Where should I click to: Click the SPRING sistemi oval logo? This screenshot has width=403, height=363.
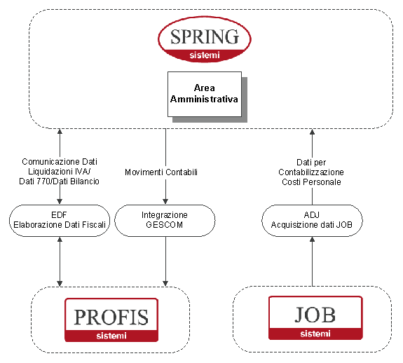[x=205, y=39]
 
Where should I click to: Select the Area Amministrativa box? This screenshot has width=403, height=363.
[x=205, y=94]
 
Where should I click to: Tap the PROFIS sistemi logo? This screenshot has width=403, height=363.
[x=111, y=320]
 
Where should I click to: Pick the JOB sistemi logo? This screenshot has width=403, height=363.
[x=315, y=317]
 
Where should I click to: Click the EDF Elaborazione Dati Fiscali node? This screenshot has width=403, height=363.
[x=60, y=221]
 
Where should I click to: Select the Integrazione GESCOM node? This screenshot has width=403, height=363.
[x=165, y=221]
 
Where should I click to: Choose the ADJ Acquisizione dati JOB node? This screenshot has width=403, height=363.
[x=312, y=221]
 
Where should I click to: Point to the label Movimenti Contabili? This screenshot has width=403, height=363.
[x=161, y=172]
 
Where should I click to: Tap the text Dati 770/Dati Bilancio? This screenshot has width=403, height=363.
[x=59, y=181]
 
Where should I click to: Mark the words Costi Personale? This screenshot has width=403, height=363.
[x=311, y=182]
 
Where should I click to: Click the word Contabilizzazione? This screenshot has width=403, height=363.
[x=311, y=172]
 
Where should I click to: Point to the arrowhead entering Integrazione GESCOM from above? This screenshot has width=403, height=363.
[x=165, y=202]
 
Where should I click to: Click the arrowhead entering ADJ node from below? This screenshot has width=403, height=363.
[x=312, y=240]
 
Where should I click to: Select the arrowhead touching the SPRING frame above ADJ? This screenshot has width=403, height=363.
[x=312, y=132]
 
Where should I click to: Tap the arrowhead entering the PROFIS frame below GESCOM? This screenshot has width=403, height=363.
[x=165, y=283]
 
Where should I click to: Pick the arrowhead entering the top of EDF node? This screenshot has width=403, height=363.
[x=60, y=202]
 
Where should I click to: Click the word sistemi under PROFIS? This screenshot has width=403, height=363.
[x=111, y=336]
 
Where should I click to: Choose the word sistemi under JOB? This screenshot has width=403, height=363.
[x=315, y=334]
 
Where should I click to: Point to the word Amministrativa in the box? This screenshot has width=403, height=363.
[x=204, y=100]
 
